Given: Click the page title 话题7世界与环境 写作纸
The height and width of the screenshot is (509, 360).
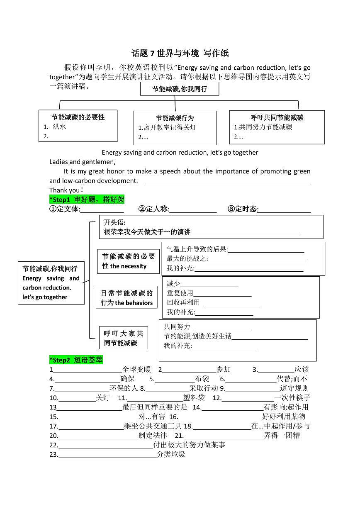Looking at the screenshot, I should click(x=180, y=53).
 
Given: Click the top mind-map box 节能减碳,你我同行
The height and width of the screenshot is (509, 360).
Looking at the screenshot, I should click(x=179, y=89).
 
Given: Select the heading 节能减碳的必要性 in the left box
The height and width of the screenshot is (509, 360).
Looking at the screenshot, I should click(x=78, y=117).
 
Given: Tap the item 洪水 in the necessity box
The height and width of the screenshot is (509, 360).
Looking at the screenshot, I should click(x=59, y=127).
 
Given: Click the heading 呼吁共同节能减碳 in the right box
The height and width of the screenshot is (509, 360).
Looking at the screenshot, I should click(x=277, y=118).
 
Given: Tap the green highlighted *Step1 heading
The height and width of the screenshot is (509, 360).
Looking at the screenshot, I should click(x=87, y=200).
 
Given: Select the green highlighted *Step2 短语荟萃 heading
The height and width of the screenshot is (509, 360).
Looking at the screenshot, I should click(x=76, y=360).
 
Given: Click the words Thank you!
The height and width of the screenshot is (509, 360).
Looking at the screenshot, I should click(x=66, y=190).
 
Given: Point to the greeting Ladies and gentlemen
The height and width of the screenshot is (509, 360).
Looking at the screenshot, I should click(x=82, y=162).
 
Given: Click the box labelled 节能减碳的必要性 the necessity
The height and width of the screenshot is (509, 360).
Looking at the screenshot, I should click(x=128, y=261).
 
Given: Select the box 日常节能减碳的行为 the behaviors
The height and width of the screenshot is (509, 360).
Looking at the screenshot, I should click(x=126, y=298).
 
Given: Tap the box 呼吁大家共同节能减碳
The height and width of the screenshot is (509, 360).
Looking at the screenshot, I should click(x=123, y=338).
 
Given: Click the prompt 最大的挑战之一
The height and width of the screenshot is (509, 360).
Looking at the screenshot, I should click(x=187, y=259).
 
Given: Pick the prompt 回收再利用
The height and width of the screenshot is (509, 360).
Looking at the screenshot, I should click(x=183, y=302).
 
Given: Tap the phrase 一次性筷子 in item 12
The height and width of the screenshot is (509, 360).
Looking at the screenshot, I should click(x=292, y=398).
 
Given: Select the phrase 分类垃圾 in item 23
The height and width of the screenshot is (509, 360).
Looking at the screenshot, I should click(x=171, y=454).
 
